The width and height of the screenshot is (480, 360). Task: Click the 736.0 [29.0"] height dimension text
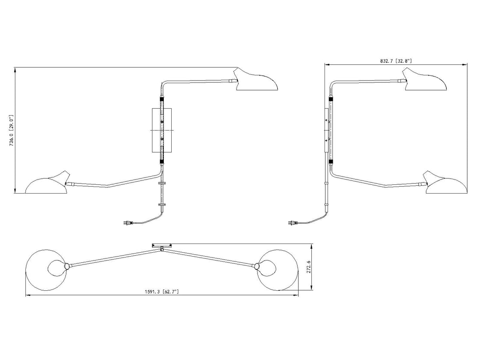point(11,131)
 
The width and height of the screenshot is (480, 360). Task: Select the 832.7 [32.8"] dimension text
point(396,61)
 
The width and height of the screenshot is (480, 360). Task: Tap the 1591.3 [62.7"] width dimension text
point(162,292)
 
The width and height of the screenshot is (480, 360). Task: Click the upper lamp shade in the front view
point(255,81)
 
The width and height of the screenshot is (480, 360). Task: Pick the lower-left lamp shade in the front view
point(47,183)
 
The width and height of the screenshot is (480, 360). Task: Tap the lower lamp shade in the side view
point(445,183)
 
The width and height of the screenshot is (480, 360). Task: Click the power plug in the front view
point(127,223)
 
